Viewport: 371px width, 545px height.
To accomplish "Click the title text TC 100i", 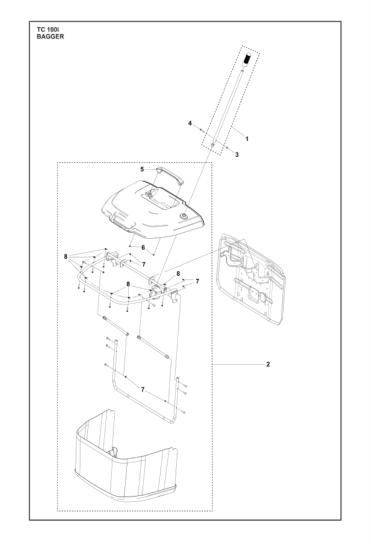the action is click(x=48, y=30).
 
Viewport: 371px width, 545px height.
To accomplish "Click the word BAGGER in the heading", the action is click(x=51, y=37).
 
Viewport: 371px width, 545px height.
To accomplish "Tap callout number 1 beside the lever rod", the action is click(x=247, y=139).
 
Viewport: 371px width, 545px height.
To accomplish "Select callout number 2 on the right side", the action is click(x=268, y=364).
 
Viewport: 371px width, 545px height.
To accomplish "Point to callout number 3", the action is click(x=237, y=154).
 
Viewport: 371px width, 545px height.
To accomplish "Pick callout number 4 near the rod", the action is click(x=190, y=124).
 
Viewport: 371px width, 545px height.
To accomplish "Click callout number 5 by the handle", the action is click(x=142, y=169).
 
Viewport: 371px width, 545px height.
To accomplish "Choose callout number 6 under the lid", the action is click(x=143, y=247).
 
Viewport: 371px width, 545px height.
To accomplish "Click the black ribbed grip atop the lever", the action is click(x=247, y=59).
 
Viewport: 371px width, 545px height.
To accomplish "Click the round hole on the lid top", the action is click(x=183, y=216).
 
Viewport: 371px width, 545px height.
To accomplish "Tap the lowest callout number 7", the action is click(x=143, y=389).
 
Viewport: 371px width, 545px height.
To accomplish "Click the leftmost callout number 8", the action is click(x=66, y=257).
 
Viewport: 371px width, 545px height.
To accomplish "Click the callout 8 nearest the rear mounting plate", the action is click(x=178, y=273).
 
